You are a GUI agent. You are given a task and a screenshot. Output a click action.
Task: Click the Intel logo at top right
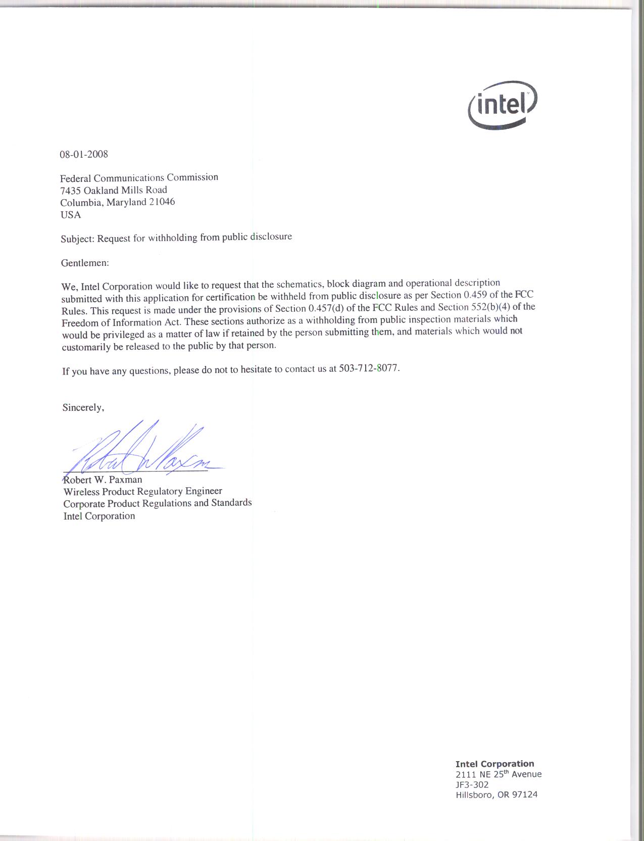tap(503, 105)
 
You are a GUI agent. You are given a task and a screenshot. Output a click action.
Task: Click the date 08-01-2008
tap(84, 154)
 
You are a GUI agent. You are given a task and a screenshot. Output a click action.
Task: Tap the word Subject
tap(77, 239)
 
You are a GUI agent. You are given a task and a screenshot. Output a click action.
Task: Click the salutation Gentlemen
tap(84, 263)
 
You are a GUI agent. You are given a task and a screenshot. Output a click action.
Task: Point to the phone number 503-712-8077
tap(371, 368)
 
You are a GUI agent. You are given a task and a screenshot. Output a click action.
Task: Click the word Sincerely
tap(83, 407)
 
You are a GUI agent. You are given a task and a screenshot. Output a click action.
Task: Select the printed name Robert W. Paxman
tap(103, 480)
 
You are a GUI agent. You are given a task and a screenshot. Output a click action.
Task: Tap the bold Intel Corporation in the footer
tap(494, 764)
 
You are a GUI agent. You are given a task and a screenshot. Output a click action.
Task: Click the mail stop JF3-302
tap(472, 784)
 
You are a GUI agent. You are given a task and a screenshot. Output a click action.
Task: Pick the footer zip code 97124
tap(525, 795)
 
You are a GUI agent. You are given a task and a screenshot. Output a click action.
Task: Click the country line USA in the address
tap(71, 215)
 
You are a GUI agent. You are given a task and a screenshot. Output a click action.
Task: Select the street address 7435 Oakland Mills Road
tap(114, 190)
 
